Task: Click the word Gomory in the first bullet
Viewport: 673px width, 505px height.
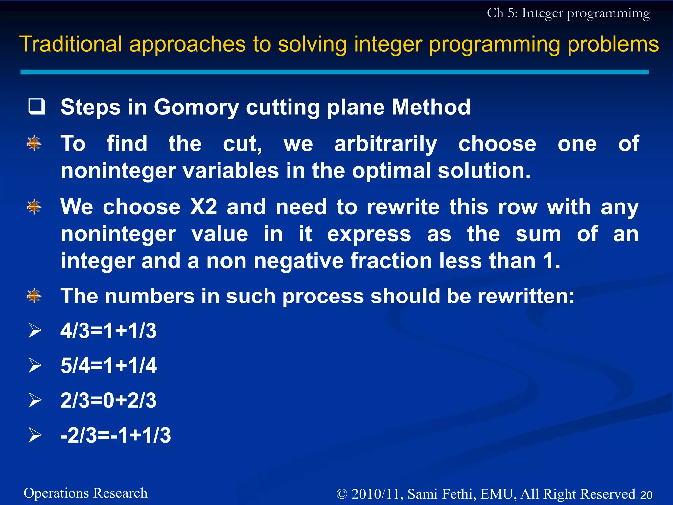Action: coord(196,108)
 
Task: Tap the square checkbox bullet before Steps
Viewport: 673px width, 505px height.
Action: coord(36,107)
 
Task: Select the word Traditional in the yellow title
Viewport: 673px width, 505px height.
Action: coord(71,44)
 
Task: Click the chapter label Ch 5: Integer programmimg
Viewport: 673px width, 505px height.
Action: coord(568,13)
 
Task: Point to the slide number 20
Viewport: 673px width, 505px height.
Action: coord(646,495)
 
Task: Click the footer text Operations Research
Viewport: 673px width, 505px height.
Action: coord(85,493)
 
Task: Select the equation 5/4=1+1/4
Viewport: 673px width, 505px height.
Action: coord(108,365)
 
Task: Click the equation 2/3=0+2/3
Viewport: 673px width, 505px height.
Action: coord(108,400)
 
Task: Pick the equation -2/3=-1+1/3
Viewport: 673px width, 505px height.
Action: coord(116,435)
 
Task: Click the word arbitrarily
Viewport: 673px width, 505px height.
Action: coord(385,144)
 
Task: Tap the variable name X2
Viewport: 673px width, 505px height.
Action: coord(203,207)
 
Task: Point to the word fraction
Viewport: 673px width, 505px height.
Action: coord(391,261)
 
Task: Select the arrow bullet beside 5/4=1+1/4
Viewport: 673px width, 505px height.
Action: coord(35,365)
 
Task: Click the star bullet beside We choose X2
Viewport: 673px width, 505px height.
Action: coord(34,207)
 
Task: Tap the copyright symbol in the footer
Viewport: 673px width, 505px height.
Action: coord(342,494)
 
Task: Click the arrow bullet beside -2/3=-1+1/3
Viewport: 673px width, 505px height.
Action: coord(35,435)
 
